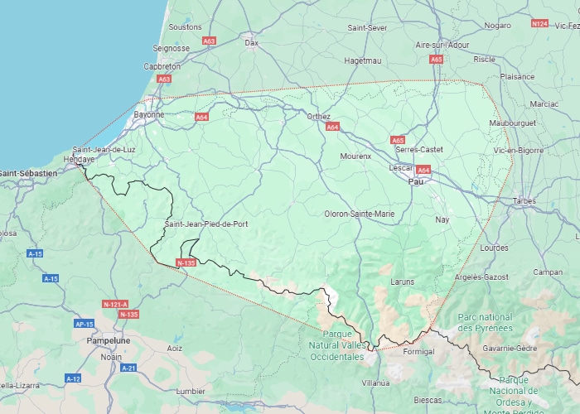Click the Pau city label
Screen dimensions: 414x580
pos(417,181)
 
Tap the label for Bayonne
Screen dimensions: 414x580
pos(148,114)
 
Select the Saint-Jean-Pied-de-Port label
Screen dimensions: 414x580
pos(205,224)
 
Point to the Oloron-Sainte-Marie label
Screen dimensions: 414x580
pos(360,214)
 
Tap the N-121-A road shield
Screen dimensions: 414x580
pos(114,304)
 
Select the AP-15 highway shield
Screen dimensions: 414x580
pos(84,324)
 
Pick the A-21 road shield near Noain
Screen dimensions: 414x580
pos(128,368)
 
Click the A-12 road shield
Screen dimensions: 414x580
pos(73,378)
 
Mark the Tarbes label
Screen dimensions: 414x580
pos(524,200)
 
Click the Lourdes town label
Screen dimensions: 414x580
pos(494,248)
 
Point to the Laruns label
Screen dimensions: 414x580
pos(402,282)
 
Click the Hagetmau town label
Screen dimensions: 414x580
pos(361,60)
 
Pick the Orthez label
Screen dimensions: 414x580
pos(318,117)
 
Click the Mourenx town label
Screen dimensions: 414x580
pos(355,156)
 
